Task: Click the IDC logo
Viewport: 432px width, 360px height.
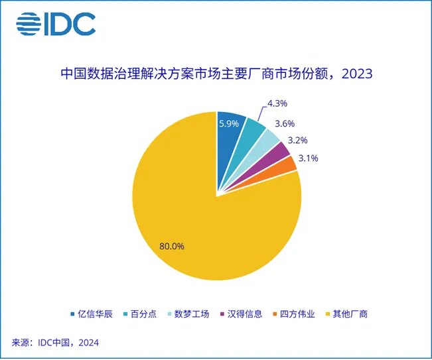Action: point(56,24)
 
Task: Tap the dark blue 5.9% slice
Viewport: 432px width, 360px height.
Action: point(229,133)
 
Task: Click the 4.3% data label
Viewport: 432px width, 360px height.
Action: point(277,103)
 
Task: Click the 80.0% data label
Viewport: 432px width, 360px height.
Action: point(172,247)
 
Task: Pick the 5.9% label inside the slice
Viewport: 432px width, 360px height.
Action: point(230,123)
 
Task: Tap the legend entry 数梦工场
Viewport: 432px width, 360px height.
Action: point(188,314)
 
